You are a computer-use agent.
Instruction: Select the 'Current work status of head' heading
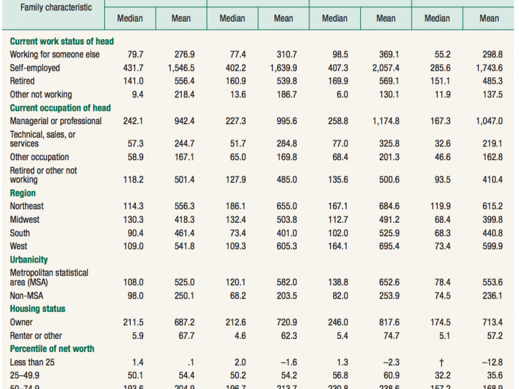(x=61, y=41)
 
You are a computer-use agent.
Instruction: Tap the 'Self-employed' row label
(x=34, y=68)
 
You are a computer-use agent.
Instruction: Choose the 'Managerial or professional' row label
(x=55, y=121)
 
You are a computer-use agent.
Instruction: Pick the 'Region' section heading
(x=22, y=193)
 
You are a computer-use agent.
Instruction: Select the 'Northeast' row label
(x=26, y=206)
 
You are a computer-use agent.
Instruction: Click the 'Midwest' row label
(x=24, y=219)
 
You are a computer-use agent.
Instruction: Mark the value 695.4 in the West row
(x=386, y=246)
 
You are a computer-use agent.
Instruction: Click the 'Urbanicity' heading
(x=28, y=259)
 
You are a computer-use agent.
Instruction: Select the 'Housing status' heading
(x=37, y=309)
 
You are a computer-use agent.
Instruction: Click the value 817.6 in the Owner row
(x=386, y=322)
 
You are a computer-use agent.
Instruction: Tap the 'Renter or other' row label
(x=35, y=336)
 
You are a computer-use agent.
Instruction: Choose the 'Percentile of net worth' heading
(x=52, y=349)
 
